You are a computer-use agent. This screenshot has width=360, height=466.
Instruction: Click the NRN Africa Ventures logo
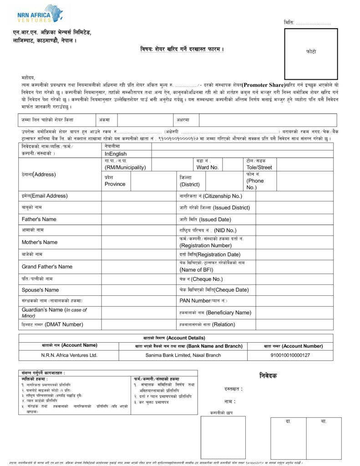tap(40, 14)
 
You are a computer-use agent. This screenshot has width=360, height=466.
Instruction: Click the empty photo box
tap(311, 54)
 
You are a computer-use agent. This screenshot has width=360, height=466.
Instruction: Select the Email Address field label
tap(45, 196)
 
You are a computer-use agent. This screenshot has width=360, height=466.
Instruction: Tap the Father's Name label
tap(39, 219)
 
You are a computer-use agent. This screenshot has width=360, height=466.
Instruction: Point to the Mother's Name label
tap(40, 242)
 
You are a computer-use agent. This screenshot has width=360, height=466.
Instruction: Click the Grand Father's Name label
tap(47, 266)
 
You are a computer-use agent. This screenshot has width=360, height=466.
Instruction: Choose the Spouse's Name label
tap(40, 290)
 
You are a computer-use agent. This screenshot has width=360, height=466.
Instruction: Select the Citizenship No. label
tap(211, 196)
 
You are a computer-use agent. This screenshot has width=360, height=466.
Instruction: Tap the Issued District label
tap(215, 208)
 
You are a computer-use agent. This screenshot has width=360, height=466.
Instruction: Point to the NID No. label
tap(208, 230)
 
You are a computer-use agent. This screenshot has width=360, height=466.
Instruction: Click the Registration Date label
tap(210, 254)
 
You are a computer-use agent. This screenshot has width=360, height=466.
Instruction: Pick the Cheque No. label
tap(201, 279)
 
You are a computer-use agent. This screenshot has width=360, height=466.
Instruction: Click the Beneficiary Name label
tap(215, 313)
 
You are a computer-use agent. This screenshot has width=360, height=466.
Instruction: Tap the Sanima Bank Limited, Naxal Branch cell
tap(183, 355)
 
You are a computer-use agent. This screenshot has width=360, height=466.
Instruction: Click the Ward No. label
tap(208, 167)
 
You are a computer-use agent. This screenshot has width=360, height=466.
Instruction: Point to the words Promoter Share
tap(263, 85)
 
